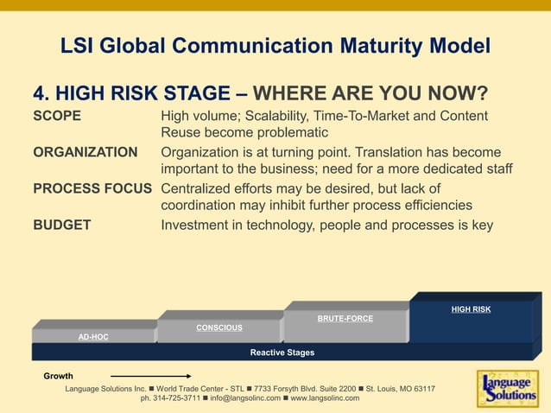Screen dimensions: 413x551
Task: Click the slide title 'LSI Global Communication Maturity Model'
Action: (275, 46)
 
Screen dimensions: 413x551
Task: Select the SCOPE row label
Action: (57, 116)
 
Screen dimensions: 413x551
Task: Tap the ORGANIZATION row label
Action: (85, 153)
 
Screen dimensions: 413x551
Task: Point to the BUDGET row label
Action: (62, 226)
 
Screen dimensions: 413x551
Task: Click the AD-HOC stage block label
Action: (93, 337)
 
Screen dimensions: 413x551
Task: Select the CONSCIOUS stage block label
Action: (219, 327)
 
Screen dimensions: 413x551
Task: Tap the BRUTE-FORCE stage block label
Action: (345, 319)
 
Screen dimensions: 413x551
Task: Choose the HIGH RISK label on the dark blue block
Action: (471, 309)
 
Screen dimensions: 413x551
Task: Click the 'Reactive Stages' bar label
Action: (282, 353)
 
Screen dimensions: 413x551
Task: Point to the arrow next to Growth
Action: (151, 377)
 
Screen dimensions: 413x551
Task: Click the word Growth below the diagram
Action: (59, 377)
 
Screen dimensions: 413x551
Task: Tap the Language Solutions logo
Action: (507, 388)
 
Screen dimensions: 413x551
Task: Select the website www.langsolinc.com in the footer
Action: (325, 398)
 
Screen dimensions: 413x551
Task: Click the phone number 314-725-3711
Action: (175, 398)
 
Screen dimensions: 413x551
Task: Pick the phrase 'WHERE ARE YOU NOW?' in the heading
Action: (383, 93)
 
